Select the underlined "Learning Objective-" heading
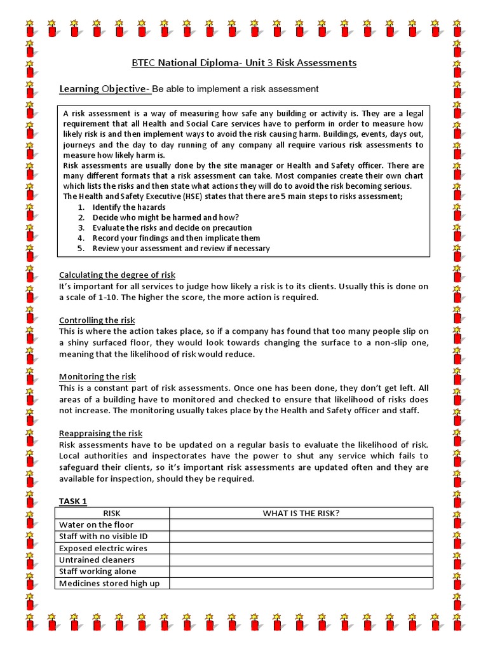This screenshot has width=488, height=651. (105, 89)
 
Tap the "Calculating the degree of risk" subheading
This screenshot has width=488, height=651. (117, 275)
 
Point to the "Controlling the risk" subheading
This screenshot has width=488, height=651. (97, 320)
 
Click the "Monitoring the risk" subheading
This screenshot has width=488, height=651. (97, 376)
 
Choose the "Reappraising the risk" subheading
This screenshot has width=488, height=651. (100, 433)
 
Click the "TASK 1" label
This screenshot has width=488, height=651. (73, 501)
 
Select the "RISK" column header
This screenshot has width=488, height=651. (112, 513)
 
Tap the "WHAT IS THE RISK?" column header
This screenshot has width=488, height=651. (301, 513)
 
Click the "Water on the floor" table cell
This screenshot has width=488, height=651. (96, 524)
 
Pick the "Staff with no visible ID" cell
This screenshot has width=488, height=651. (104, 536)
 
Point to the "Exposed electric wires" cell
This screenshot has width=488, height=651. (103, 548)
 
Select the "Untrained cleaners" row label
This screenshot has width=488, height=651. (97, 559)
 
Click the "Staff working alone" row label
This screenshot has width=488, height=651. (97, 572)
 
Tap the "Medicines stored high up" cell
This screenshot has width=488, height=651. (109, 583)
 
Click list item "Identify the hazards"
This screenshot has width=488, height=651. (128, 207)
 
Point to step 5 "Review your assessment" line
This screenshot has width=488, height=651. (180, 248)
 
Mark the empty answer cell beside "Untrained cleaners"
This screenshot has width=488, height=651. (301, 559)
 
